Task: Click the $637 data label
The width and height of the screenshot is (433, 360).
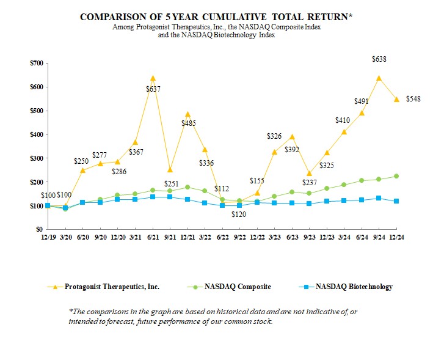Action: click(x=153, y=89)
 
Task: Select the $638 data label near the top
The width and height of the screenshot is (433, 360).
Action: click(x=379, y=59)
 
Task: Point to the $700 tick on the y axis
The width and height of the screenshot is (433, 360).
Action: click(x=37, y=63)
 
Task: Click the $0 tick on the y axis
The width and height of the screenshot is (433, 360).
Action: click(x=40, y=229)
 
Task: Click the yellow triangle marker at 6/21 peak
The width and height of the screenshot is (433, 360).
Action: click(x=153, y=78)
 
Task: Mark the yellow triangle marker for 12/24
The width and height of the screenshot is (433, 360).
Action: click(x=397, y=99)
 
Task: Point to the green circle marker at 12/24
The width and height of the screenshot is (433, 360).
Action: click(x=397, y=176)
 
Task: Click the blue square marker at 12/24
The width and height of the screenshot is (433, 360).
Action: click(x=397, y=201)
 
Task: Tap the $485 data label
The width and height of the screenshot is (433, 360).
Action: click(x=187, y=123)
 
